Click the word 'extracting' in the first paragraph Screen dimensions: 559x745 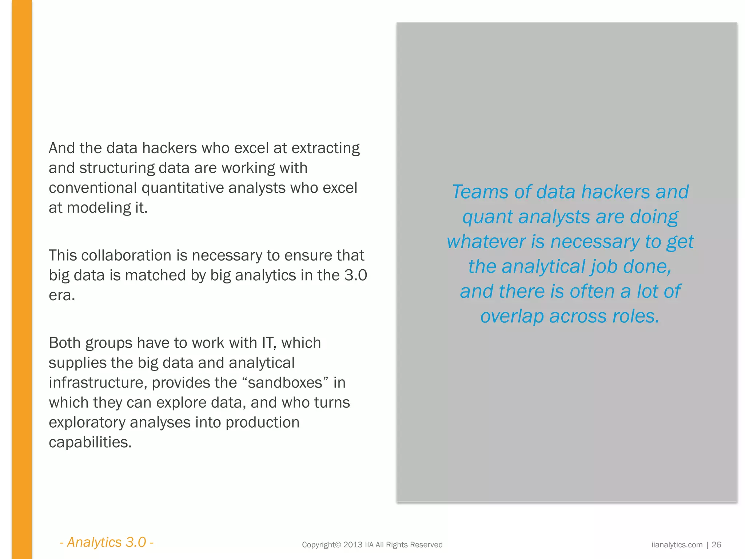[325, 148]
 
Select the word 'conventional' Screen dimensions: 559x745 [93, 188]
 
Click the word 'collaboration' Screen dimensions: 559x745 [126, 255]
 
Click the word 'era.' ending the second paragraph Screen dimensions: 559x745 [62, 295]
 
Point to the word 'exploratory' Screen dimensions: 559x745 [87, 423]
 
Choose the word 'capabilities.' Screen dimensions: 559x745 [90, 442]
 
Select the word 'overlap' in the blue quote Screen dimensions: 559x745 [512, 316]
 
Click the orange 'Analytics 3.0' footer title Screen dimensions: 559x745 [107, 542]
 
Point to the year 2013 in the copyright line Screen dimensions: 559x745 [353, 545]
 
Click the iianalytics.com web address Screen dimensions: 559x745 [677, 545]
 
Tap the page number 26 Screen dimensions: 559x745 [716, 545]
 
